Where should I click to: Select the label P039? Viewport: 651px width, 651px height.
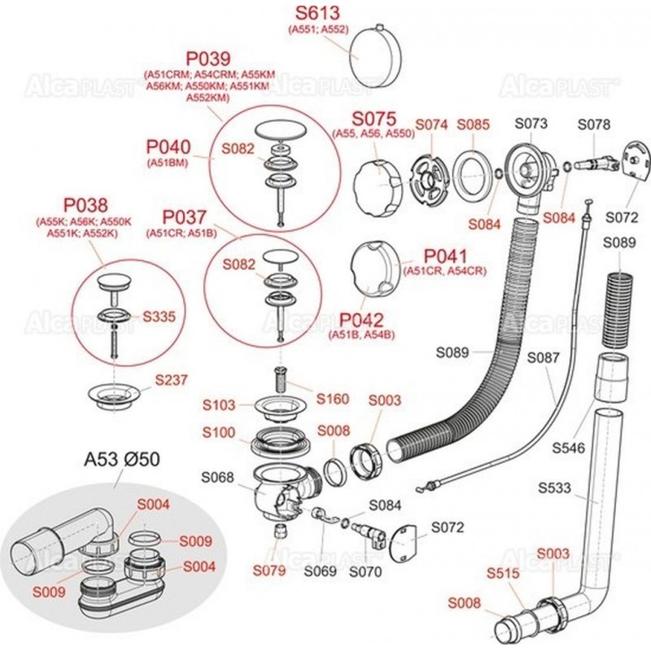click(208, 59)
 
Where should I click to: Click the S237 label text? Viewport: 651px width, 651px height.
click(171, 379)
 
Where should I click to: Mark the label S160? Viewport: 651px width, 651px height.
click(333, 399)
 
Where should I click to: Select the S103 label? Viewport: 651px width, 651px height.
click(219, 404)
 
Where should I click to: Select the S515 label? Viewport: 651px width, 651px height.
click(502, 573)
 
